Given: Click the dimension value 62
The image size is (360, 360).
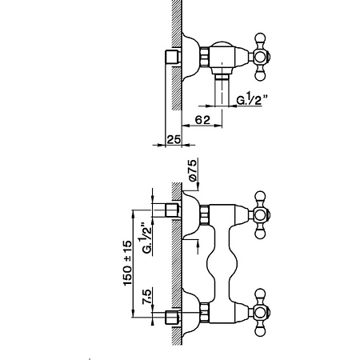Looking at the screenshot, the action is (x=202, y=120).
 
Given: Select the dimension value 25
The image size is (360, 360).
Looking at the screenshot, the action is (x=174, y=139).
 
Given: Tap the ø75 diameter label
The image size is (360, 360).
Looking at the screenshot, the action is (x=193, y=170).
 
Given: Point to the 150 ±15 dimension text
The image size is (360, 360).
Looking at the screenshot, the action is (x=127, y=263).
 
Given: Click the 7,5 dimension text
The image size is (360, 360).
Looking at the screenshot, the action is (x=147, y=296).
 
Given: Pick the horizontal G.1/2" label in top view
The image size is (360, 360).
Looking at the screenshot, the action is (x=252, y=100).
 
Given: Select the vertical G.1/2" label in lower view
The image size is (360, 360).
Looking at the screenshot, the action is (x=147, y=238).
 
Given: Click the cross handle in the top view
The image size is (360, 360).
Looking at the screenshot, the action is (x=260, y=57).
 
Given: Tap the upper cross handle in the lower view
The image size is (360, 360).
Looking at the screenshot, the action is (x=260, y=214).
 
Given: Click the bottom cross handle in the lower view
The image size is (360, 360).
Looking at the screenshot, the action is (x=260, y=312).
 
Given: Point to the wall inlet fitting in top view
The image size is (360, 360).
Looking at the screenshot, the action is (x=173, y=57).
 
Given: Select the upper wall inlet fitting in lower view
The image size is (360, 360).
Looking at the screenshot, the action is (x=172, y=210).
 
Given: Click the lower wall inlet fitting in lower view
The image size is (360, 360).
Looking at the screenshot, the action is (x=172, y=318).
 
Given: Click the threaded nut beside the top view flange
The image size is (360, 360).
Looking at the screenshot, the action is (x=205, y=57).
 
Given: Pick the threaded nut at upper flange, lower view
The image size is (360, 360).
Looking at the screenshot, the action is (x=205, y=215).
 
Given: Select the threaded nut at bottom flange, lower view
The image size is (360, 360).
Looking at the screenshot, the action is (x=205, y=313).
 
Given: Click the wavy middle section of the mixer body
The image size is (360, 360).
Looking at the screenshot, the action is (x=222, y=263).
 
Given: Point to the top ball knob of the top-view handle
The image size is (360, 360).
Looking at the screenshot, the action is (x=260, y=38).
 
